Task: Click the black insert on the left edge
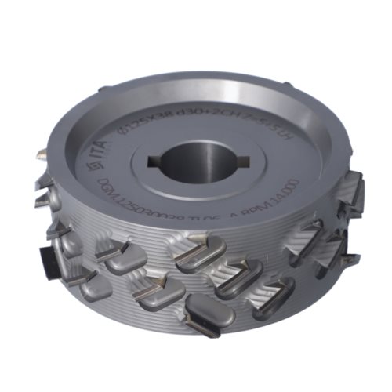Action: click(x=42, y=258)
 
